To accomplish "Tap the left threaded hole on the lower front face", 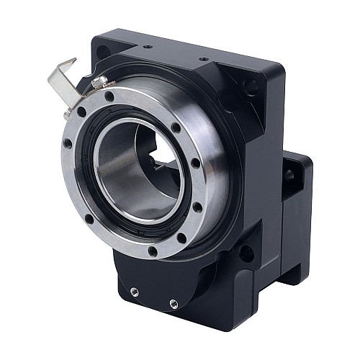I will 135,292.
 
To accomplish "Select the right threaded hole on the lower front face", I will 174,302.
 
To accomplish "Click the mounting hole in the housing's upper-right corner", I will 250,87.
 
